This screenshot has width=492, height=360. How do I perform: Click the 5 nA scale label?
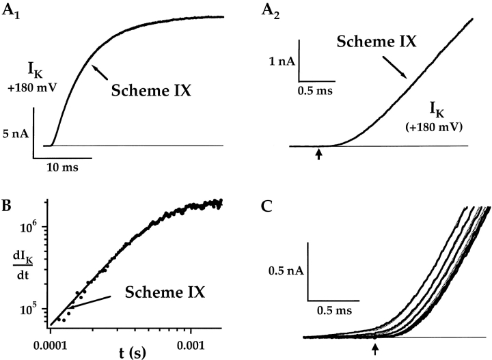point(15,134)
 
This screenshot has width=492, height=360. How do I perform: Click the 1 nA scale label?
point(282,61)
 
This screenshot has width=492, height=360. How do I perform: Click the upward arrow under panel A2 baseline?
point(319,156)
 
